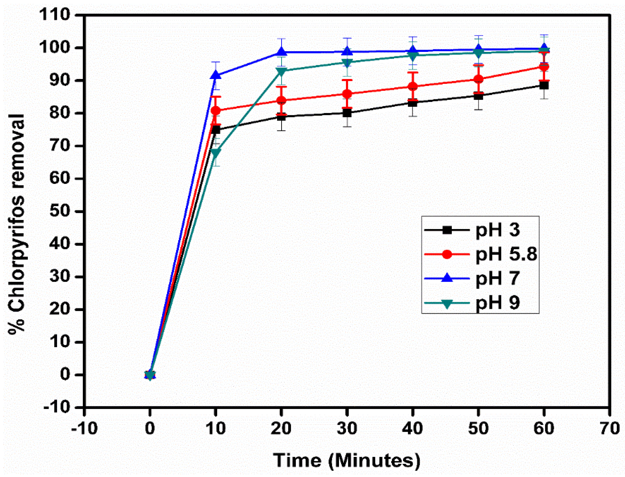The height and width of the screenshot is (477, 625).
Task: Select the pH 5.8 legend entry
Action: (x=480, y=254)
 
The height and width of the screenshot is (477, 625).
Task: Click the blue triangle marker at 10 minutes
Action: (x=216, y=75)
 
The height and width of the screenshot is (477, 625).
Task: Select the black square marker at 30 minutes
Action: (x=347, y=113)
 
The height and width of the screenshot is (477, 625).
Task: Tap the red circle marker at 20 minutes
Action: (x=281, y=100)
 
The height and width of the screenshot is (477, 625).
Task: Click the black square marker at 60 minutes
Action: (x=544, y=85)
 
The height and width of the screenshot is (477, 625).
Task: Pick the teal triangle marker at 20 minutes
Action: (x=281, y=71)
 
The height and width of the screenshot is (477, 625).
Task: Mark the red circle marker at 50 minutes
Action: (x=478, y=79)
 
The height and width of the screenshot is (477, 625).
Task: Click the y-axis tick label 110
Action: (x=54, y=15)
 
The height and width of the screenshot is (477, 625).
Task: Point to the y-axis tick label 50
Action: (x=60, y=211)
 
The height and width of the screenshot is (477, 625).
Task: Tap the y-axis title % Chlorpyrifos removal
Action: (x=16, y=224)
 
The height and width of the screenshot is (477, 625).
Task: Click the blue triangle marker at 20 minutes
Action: (x=281, y=52)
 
